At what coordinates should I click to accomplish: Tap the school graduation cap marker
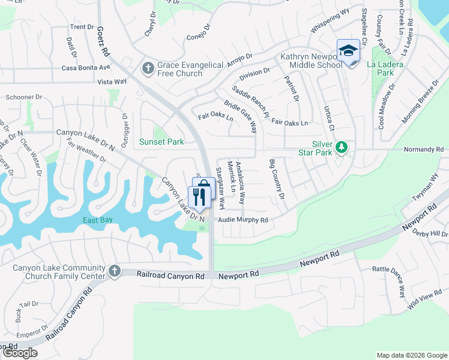348,52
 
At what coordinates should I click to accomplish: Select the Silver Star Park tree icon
341,147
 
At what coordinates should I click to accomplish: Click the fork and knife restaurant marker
199,197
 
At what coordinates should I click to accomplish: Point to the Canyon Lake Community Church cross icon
114,271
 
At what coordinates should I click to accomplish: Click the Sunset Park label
161,142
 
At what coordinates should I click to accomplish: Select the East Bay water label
97,220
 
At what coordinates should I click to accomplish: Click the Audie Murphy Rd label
243,220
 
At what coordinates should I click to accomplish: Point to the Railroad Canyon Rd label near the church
170,275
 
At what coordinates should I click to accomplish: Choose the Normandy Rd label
423,149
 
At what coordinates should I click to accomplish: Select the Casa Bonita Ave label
86,68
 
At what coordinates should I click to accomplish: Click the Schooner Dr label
23,97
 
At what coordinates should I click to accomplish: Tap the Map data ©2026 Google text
411,355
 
